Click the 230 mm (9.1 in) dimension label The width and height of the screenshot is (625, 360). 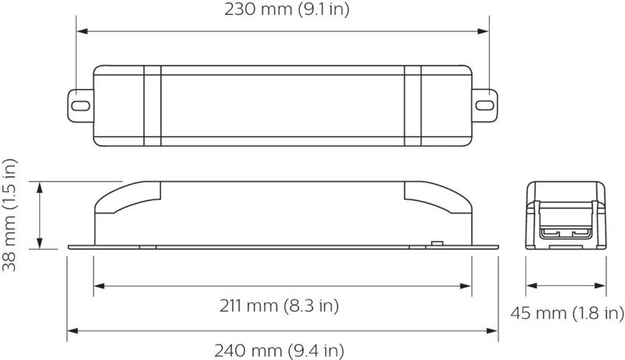(287, 9)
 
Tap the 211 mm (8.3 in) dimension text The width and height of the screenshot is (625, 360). (279, 306)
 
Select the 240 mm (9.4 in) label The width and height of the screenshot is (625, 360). (279, 351)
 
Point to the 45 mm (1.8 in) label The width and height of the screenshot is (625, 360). (567, 313)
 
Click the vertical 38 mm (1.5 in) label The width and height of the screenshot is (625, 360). (9, 215)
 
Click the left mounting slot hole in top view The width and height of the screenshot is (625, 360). (80, 106)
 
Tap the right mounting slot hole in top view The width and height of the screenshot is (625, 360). (484, 105)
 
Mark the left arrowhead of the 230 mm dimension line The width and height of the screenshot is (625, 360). (82, 31)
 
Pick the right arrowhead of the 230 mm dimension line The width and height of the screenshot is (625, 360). (483, 31)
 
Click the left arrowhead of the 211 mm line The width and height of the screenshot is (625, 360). (99, 286)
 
